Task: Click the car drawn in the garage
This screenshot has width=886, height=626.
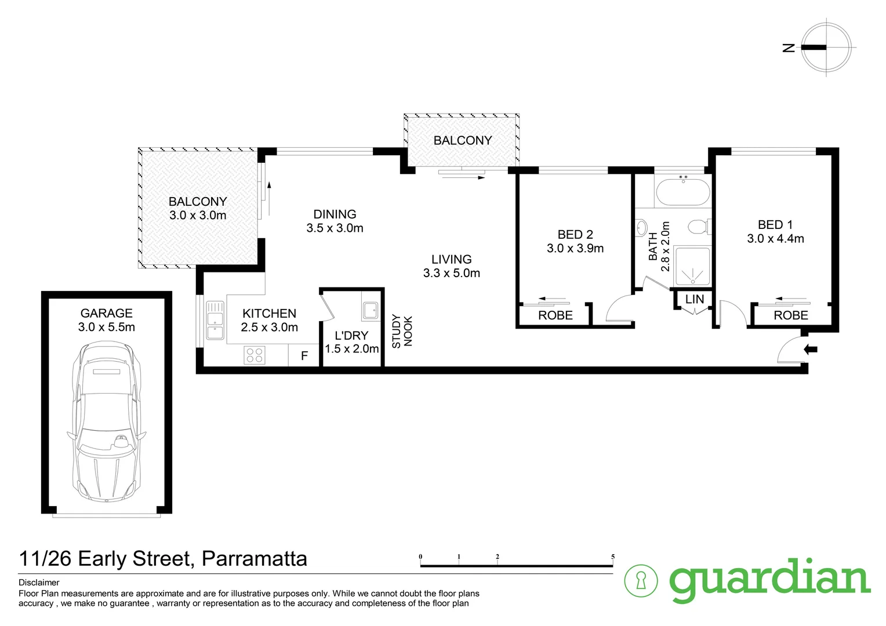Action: pos(107,422)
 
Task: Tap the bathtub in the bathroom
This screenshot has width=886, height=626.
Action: pos(682,192)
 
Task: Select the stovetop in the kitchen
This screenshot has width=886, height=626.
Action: pos(254,354)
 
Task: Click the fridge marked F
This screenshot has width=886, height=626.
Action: pos(304,355)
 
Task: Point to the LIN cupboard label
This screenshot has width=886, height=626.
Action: pos(694,299)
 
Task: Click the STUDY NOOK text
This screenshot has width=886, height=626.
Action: pos(402,331)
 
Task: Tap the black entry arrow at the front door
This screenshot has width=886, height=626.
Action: pos(811,349)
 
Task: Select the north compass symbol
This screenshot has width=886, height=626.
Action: pos(826,48)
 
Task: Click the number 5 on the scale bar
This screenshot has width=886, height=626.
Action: pos(612,557)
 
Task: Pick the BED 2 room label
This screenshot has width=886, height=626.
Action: pos(575,234)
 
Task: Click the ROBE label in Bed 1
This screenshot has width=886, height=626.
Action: pos(790,315)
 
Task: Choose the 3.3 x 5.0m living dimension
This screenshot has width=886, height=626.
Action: pos(452,273)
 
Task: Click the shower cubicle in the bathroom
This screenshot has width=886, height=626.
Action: pos(692,267)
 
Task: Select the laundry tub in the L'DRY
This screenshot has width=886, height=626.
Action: pos(370,311)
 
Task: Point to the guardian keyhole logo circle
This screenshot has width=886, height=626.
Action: pos(641,580)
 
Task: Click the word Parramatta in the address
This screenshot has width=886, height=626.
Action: pos(254,559)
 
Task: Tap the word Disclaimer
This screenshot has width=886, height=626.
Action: pos(39,583)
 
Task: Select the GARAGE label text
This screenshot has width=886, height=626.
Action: pos(107,313)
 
